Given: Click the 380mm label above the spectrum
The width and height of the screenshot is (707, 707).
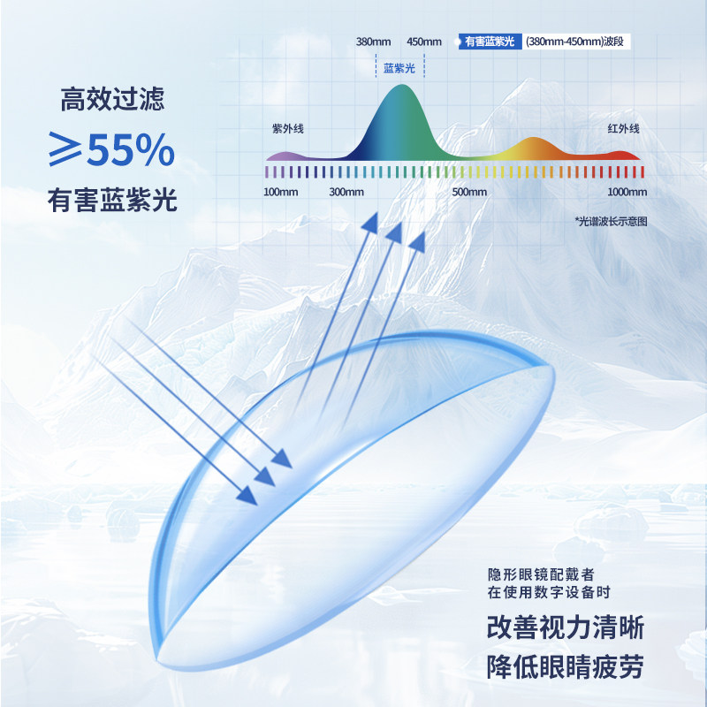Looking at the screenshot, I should point(373,42).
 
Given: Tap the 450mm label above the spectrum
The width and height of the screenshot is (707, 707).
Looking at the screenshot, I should point(424,42).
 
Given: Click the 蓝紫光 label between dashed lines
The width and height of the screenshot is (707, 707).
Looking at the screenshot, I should point(399,68).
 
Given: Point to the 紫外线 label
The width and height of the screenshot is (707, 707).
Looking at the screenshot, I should point(287,129).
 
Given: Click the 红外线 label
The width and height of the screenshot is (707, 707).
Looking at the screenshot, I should point(623,129).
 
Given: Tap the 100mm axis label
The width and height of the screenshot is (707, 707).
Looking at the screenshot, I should point(281,192).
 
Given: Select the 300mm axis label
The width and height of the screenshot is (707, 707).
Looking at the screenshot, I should point(346,192).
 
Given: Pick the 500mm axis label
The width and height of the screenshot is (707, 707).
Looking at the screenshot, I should point(469,192).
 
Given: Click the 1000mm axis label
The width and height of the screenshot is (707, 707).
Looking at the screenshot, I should point(627,192).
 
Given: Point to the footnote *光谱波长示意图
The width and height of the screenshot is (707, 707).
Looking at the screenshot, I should point(611,221).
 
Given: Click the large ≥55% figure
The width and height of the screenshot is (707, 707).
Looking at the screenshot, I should point(111,151).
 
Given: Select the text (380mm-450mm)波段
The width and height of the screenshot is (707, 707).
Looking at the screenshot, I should point(578,42).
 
